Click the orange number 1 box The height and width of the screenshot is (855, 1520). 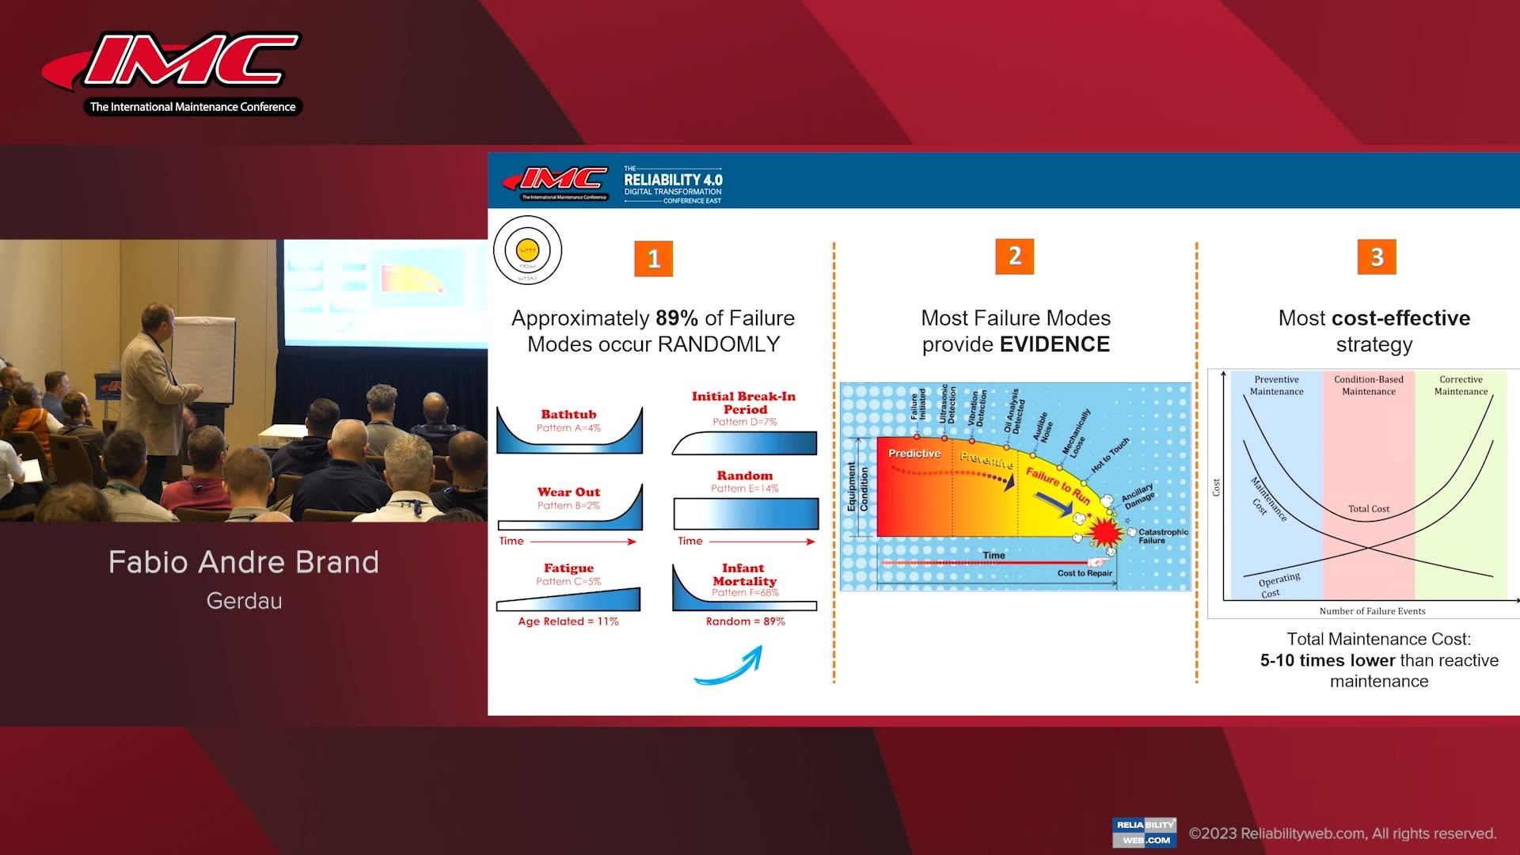click(653, 259)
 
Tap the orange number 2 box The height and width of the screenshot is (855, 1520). click(1014, 256)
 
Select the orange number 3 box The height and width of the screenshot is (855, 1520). click(1376, 256)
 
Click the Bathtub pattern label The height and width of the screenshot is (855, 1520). click(568, 414)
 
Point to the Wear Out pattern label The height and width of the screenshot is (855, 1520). click(568, 492)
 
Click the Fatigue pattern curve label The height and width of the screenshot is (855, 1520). click(568, 568)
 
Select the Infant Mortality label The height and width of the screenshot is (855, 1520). click(743, 574)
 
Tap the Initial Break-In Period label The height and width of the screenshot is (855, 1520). click(743, 402)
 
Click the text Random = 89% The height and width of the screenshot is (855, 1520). click(745, 621)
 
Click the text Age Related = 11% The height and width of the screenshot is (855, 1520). click(568, 621)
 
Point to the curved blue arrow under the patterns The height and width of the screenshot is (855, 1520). click(729, 665)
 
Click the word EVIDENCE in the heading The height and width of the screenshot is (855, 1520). click(1054, 344)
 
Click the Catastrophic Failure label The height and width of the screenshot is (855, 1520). click(1162, 536)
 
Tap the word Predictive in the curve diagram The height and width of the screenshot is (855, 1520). click(914, 454)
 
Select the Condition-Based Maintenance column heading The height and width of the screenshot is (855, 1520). click(1368, 385)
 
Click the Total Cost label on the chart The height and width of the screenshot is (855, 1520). click(1368, 509)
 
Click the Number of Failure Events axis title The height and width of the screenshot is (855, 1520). click(1372, 611)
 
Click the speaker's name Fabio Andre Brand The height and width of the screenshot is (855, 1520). click(244, 562)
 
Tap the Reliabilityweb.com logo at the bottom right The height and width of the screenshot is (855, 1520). click(1144, 832)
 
